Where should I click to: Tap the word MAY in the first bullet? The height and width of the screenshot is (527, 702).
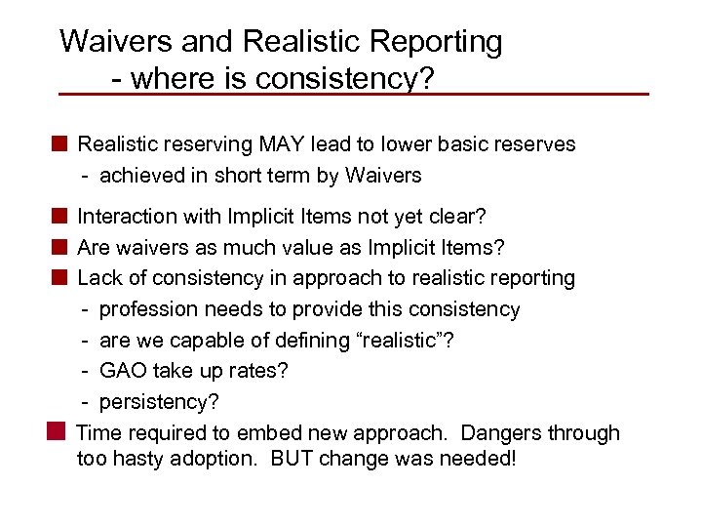(x=284, y=144)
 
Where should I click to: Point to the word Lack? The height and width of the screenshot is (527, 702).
(x=98, y=278)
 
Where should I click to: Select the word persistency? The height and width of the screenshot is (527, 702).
(x=160, y=403)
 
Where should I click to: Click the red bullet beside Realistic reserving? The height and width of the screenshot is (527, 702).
(x=59, y=144)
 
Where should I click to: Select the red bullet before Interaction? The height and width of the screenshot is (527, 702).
(x=59, y=216)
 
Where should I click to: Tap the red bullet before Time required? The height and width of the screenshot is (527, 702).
(x=58, y=431)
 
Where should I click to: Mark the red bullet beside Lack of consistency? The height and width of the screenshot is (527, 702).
(x=59, y=277)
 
